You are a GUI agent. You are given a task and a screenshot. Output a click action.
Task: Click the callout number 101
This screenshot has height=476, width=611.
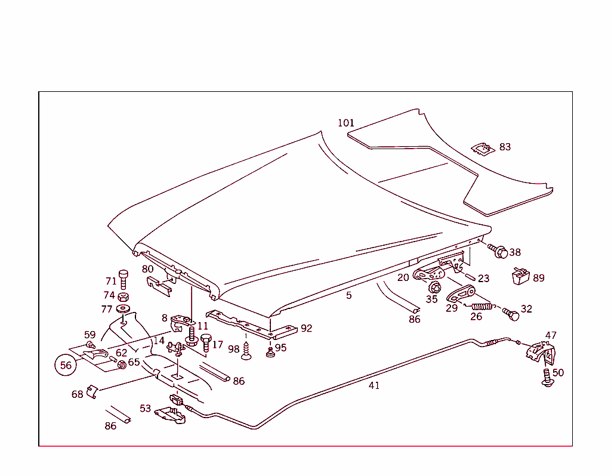tap(346, 123)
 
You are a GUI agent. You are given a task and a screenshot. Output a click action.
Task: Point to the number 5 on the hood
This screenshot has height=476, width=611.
tap(349, 295)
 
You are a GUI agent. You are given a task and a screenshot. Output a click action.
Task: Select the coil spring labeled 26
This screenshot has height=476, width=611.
tap(482, 307)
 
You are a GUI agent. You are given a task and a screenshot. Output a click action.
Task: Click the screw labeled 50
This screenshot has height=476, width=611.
tap(547, 378)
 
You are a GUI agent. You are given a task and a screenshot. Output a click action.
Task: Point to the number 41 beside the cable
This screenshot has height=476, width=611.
tap(374, 385)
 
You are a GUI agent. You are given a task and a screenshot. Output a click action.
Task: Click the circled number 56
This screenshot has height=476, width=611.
tap(66, 365)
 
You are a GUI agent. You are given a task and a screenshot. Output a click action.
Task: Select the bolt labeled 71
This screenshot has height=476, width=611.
tap(124, 279)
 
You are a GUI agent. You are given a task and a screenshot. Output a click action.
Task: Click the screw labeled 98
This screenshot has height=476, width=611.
tap(246, 356)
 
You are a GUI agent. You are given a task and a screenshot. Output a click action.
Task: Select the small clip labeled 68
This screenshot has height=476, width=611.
tap(91, 391)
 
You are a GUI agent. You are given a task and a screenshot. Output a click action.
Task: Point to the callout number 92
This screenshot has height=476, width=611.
tap(306, 328)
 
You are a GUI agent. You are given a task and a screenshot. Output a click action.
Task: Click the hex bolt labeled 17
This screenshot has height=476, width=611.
tap(206, 342)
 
